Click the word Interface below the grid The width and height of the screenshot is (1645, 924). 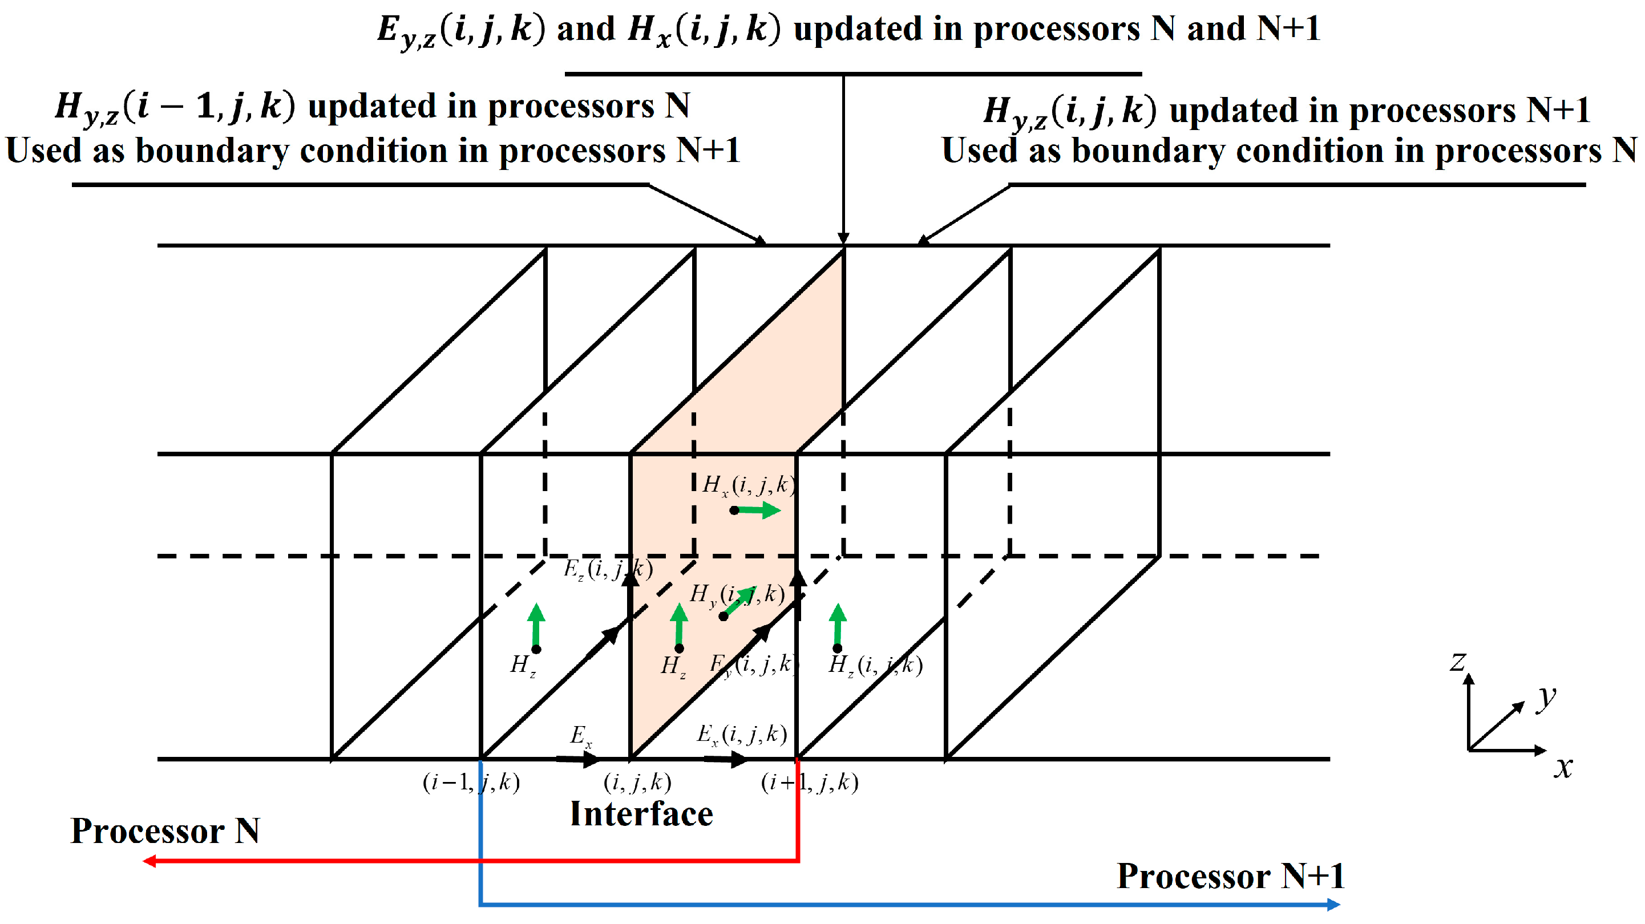tap(641, 814)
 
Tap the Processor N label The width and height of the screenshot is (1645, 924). tap(165, 831)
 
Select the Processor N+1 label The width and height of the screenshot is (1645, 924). tap(1230, 876)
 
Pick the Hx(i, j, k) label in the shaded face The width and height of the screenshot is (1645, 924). tap(749, 485)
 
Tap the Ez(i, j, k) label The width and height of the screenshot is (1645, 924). tap(607, 568)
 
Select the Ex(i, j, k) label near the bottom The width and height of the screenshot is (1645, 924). tap(741, 733)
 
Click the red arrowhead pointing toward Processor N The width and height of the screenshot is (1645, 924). tap(149, 861)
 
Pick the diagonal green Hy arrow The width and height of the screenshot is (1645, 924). tap(741, 601)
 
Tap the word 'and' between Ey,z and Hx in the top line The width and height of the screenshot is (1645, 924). tap(585, 29)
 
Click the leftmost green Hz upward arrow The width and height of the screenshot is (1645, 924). tap(536, 626)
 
